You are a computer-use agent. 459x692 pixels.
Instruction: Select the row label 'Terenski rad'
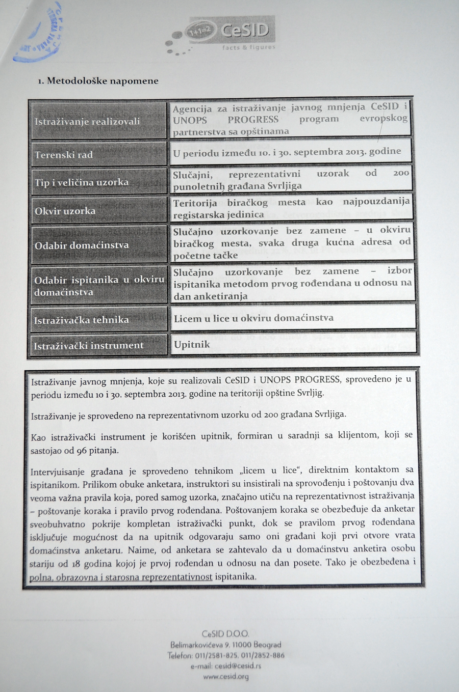pos(64,155)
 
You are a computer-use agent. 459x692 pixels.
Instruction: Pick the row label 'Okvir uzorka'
pos(65,211)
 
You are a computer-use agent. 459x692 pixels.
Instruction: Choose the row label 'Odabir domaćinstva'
pos(82,245)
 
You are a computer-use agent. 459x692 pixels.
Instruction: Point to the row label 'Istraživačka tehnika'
pos(82,320)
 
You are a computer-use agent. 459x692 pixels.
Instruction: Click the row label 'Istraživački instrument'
pos(89,346)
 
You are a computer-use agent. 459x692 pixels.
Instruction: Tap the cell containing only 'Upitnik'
pos(192,345)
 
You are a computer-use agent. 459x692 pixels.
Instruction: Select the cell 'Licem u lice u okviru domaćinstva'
pos(253,318)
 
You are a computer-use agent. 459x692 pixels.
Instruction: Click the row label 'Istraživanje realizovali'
pos(87,122)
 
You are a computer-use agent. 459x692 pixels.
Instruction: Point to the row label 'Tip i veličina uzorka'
pos(82,182)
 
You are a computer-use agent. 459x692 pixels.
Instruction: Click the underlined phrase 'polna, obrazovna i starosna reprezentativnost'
pos(121,577)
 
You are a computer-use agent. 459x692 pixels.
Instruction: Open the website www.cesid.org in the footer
pos(226,677)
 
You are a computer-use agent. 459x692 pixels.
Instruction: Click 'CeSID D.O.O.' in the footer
pos(225,634)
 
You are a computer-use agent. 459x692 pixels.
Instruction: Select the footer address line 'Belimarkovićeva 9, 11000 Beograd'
pos(225,645)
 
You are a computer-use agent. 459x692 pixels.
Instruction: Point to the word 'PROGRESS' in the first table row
pos(253,120)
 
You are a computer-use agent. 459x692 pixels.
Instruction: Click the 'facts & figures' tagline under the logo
pos(248,47)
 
